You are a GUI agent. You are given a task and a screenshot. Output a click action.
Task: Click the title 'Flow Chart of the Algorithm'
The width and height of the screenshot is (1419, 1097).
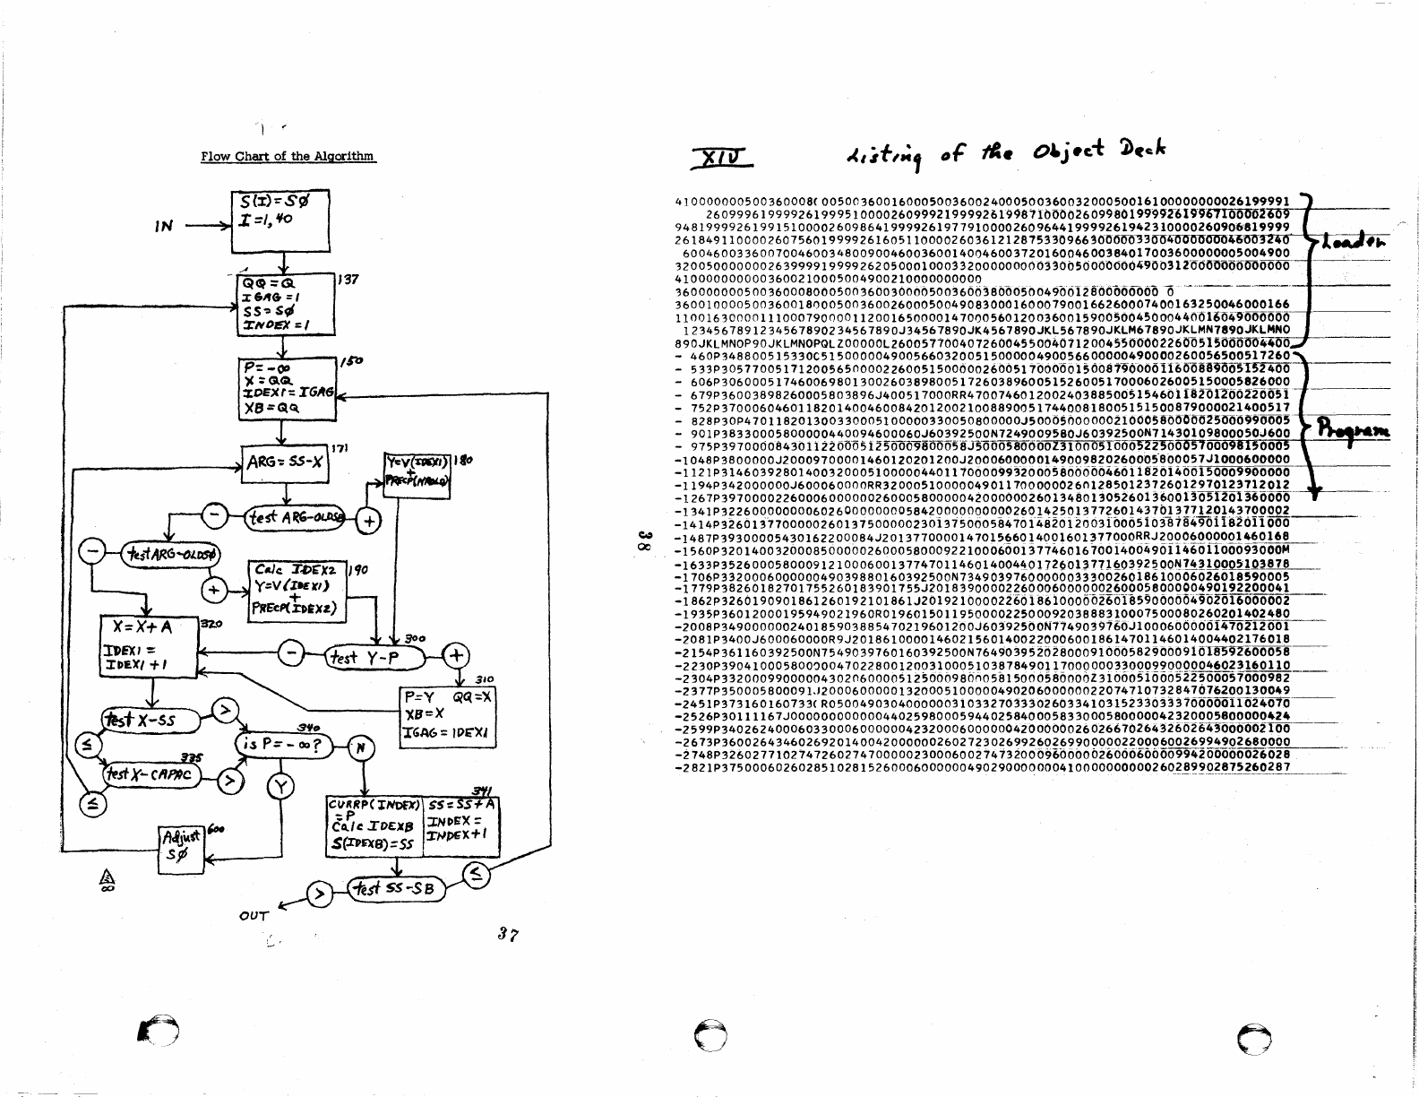[288, 156]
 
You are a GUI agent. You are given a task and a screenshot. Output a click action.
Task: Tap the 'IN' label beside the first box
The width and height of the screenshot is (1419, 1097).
[163, 227]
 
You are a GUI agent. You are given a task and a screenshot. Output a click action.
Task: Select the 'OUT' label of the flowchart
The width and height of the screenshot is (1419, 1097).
[254, 916]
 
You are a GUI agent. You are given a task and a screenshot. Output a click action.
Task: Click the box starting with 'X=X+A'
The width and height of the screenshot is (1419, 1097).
[148, 650]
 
